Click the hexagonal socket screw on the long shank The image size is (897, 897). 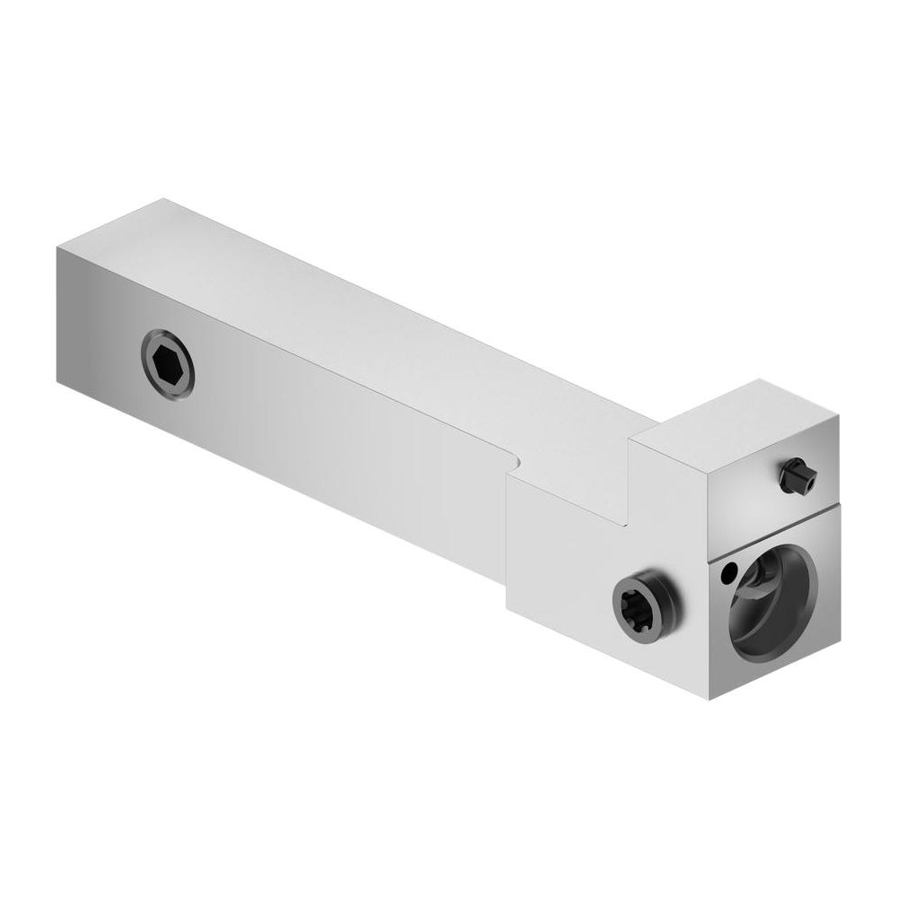point(168,362)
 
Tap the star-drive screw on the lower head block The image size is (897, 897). point(642,602)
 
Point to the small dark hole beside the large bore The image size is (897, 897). point(731,568)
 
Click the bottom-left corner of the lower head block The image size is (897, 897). point(507,610)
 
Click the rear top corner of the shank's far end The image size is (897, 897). point(162,199)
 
